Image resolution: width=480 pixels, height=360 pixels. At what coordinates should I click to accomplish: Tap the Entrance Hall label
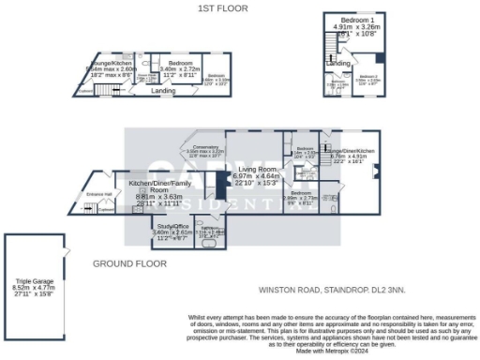click(99, 193)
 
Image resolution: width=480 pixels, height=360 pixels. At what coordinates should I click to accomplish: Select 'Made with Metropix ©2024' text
click(331, 351)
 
